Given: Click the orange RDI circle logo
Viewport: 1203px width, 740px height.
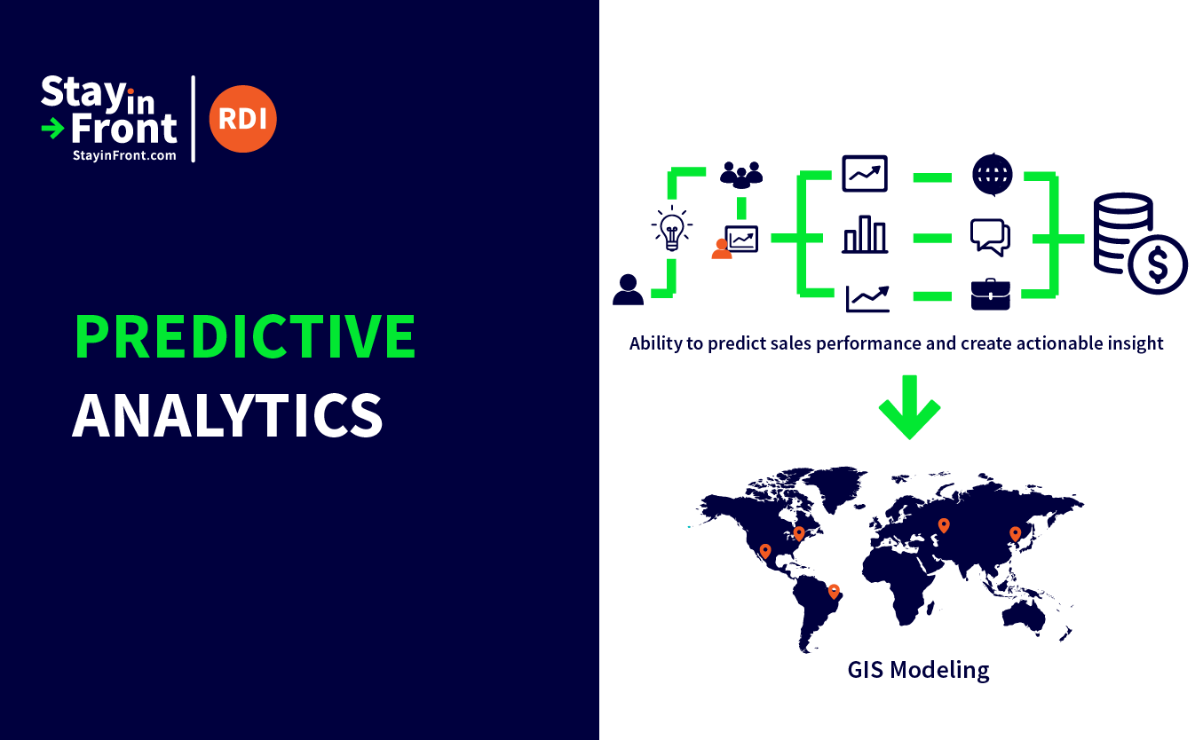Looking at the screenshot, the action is tap(242, 119).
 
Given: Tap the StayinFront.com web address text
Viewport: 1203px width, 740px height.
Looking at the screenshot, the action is tap(124, 155).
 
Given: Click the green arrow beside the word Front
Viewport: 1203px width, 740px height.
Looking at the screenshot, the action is tap(52, 129).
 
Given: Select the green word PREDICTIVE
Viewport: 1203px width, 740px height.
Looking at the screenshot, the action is tap(245, 336).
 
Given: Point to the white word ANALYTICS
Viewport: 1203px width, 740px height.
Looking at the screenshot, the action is tap(227, 414).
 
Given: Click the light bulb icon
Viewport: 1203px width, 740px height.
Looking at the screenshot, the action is tap(672, 229).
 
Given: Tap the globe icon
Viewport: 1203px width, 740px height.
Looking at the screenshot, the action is tap(993, 175).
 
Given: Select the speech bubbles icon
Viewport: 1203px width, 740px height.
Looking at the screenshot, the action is tap(990, 237).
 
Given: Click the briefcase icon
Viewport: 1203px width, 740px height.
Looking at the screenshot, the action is tap(990, 294).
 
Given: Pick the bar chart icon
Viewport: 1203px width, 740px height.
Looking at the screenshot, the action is tap(865, 234).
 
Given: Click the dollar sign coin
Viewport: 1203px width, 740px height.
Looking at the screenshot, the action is tap(1158, 264).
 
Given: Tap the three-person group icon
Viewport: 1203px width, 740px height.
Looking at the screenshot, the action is tap(741, 175).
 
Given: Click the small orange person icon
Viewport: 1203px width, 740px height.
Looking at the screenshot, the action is tap(722, 249).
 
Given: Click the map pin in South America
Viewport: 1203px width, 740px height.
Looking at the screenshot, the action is tap(834, 592).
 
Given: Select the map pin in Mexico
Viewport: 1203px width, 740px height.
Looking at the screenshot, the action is tap(765, 551).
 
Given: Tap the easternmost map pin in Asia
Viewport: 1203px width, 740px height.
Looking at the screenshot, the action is tap(1015, 534).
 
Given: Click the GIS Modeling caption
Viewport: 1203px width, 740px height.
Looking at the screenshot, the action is tap(918, 670).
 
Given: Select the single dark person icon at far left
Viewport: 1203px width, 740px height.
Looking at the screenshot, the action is tap(628, 290).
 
